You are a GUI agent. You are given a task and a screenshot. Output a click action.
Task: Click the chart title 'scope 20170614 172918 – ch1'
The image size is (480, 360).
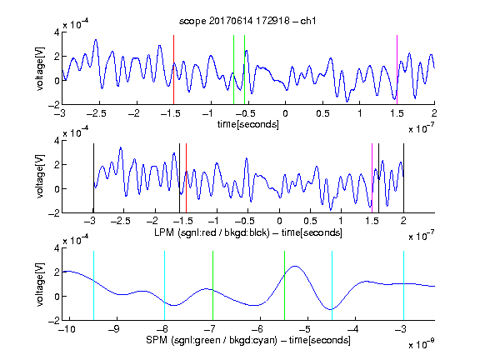[x=247, y=21]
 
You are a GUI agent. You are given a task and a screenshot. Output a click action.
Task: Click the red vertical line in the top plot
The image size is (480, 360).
[x=173, y=70]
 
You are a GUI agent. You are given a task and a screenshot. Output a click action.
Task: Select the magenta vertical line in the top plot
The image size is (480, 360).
[x=397, y=70]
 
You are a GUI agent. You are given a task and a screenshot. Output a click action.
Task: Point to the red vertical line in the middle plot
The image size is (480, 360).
[x=186, y=178]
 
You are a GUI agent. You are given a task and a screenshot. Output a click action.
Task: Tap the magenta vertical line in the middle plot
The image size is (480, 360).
[x=372, y=178]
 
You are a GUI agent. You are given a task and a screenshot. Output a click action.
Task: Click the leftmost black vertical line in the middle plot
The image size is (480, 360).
[x=93, y=178]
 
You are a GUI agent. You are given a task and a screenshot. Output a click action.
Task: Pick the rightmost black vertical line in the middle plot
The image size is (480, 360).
[x=403, y=178]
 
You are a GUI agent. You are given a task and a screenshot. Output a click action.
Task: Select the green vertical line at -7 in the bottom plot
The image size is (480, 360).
[x=212, y=286]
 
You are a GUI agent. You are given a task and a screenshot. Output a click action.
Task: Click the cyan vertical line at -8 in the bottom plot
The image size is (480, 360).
[x=165, y=286]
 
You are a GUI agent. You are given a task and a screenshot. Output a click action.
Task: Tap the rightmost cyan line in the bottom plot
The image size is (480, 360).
[x=403, y=286]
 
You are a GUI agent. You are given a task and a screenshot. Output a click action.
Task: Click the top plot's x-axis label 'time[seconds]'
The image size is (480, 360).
[x=248, y=124]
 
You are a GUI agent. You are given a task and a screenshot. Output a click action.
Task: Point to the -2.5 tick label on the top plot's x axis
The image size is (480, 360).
[x=96, y=113]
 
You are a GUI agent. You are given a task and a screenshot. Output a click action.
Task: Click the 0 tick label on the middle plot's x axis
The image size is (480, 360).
[x=279, y=221]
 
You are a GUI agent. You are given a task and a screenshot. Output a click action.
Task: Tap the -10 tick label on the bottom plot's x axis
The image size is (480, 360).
[x=67, y=329]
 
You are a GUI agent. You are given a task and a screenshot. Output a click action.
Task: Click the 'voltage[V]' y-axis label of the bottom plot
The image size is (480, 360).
[x=40, y=285]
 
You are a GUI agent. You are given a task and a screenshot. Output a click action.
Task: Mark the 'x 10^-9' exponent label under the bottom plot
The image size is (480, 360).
[x=422, y=344]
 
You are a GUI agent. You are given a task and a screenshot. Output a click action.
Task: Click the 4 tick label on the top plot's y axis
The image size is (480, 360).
[x=57, y=32]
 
